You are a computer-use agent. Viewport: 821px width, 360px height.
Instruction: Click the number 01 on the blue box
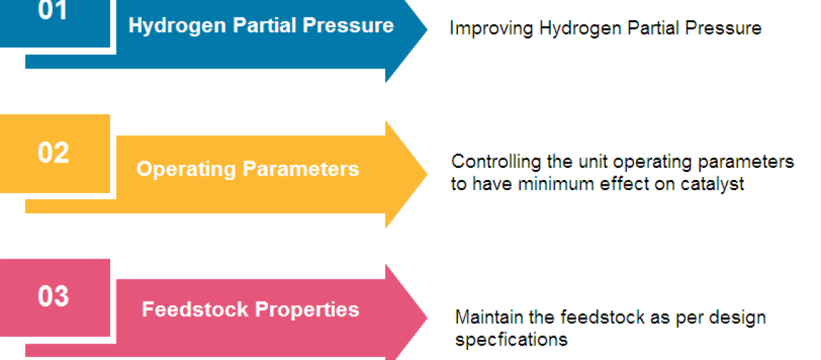point(53,11)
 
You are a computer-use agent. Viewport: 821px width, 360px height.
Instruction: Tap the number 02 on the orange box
point(53,153)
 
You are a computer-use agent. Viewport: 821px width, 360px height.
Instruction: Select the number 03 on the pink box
point(53,297)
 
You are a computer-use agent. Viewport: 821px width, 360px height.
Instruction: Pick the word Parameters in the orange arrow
point(295,168)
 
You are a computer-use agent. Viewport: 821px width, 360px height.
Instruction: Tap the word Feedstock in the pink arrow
point(195,309)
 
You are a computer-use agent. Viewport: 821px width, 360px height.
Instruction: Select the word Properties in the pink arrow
point(307,310)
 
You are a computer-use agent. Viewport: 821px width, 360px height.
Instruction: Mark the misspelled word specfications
point(511,340)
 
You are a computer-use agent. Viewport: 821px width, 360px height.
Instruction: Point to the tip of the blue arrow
point(427,30)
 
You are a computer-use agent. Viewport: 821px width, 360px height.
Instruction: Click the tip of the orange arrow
point(427,174)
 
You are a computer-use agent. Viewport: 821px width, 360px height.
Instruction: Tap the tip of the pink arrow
point(427,318)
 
